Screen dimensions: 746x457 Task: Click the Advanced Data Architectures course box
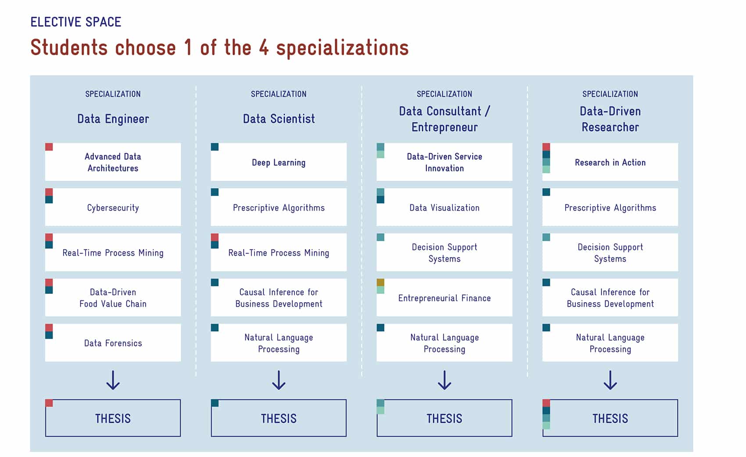tap(113, 162)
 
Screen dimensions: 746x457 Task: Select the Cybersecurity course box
tap(113, 207)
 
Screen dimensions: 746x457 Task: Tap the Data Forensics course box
tap(113, 343)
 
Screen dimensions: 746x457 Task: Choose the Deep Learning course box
tap(278, 162)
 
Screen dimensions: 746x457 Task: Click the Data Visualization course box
tap(444, 207)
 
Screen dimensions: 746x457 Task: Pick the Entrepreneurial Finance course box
tap(444, 297)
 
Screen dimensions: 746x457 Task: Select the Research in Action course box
tap(610, 162)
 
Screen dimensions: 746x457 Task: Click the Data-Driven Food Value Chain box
tap(113, 297)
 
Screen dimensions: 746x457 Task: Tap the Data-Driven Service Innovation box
tap(444, 162)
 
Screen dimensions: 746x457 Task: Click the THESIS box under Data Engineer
tap(113, 418)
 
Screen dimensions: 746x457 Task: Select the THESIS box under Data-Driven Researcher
tap(610, 418)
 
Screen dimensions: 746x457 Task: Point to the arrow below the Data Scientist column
tap(279, 380)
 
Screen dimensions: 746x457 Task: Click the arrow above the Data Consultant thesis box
tap(445, 380)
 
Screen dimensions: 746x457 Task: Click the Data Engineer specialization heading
tap(113, 119)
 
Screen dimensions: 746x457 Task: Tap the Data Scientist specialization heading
tap(279, 119)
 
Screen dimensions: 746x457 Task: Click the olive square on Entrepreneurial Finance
tap(380, 282)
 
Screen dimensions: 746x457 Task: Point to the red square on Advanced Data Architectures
tap(49, 147)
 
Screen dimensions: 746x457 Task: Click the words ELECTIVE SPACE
tap(76, 22)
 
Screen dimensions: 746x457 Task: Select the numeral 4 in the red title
tap(264, 47)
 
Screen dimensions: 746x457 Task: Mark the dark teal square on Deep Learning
tap(215, 147)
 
